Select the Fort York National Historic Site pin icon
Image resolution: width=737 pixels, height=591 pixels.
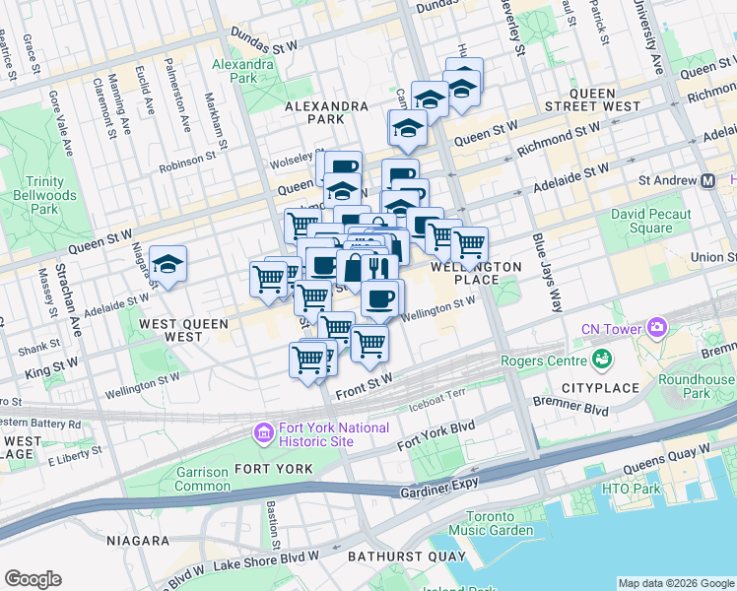[263, 432]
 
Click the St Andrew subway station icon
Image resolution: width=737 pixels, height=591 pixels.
[707, 181]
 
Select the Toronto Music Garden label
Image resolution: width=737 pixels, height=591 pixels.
[490, 524]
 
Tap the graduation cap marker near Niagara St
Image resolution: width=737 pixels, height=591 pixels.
[168, 264]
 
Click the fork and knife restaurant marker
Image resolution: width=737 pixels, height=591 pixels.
[379, 267]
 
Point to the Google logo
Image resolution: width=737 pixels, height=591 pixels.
[33, 579]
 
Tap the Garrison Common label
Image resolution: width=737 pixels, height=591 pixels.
[202, 479]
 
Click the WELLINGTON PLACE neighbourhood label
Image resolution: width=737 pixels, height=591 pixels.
[475, 273]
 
